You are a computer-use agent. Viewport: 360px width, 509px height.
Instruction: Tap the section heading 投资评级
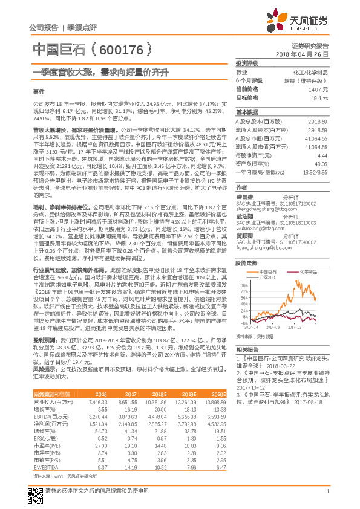(247, 63)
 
